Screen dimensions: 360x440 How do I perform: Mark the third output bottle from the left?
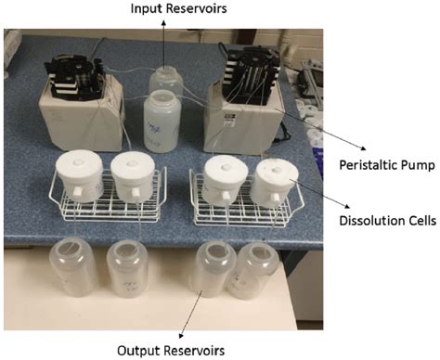212,270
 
